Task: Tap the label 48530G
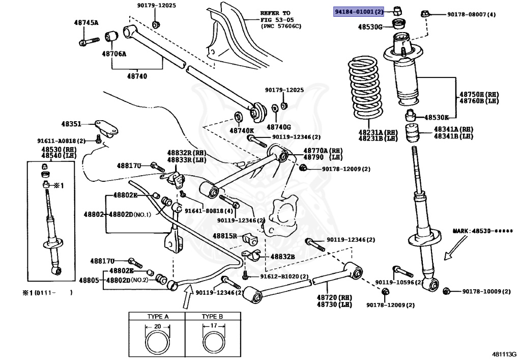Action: [x=369, y=26]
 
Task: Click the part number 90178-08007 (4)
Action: [x=471, y=15]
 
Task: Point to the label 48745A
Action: [x=86, y=23]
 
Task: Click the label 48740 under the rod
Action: [x=137, y=76]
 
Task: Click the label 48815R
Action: [x=225, y=236]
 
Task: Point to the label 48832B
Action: [x=282, y=257]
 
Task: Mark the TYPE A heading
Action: [x=158, y=316]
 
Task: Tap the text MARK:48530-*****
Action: [x=482, y=231]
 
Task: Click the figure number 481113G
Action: [x=504, y=354]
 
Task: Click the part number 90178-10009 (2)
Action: [x=486, y=291]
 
